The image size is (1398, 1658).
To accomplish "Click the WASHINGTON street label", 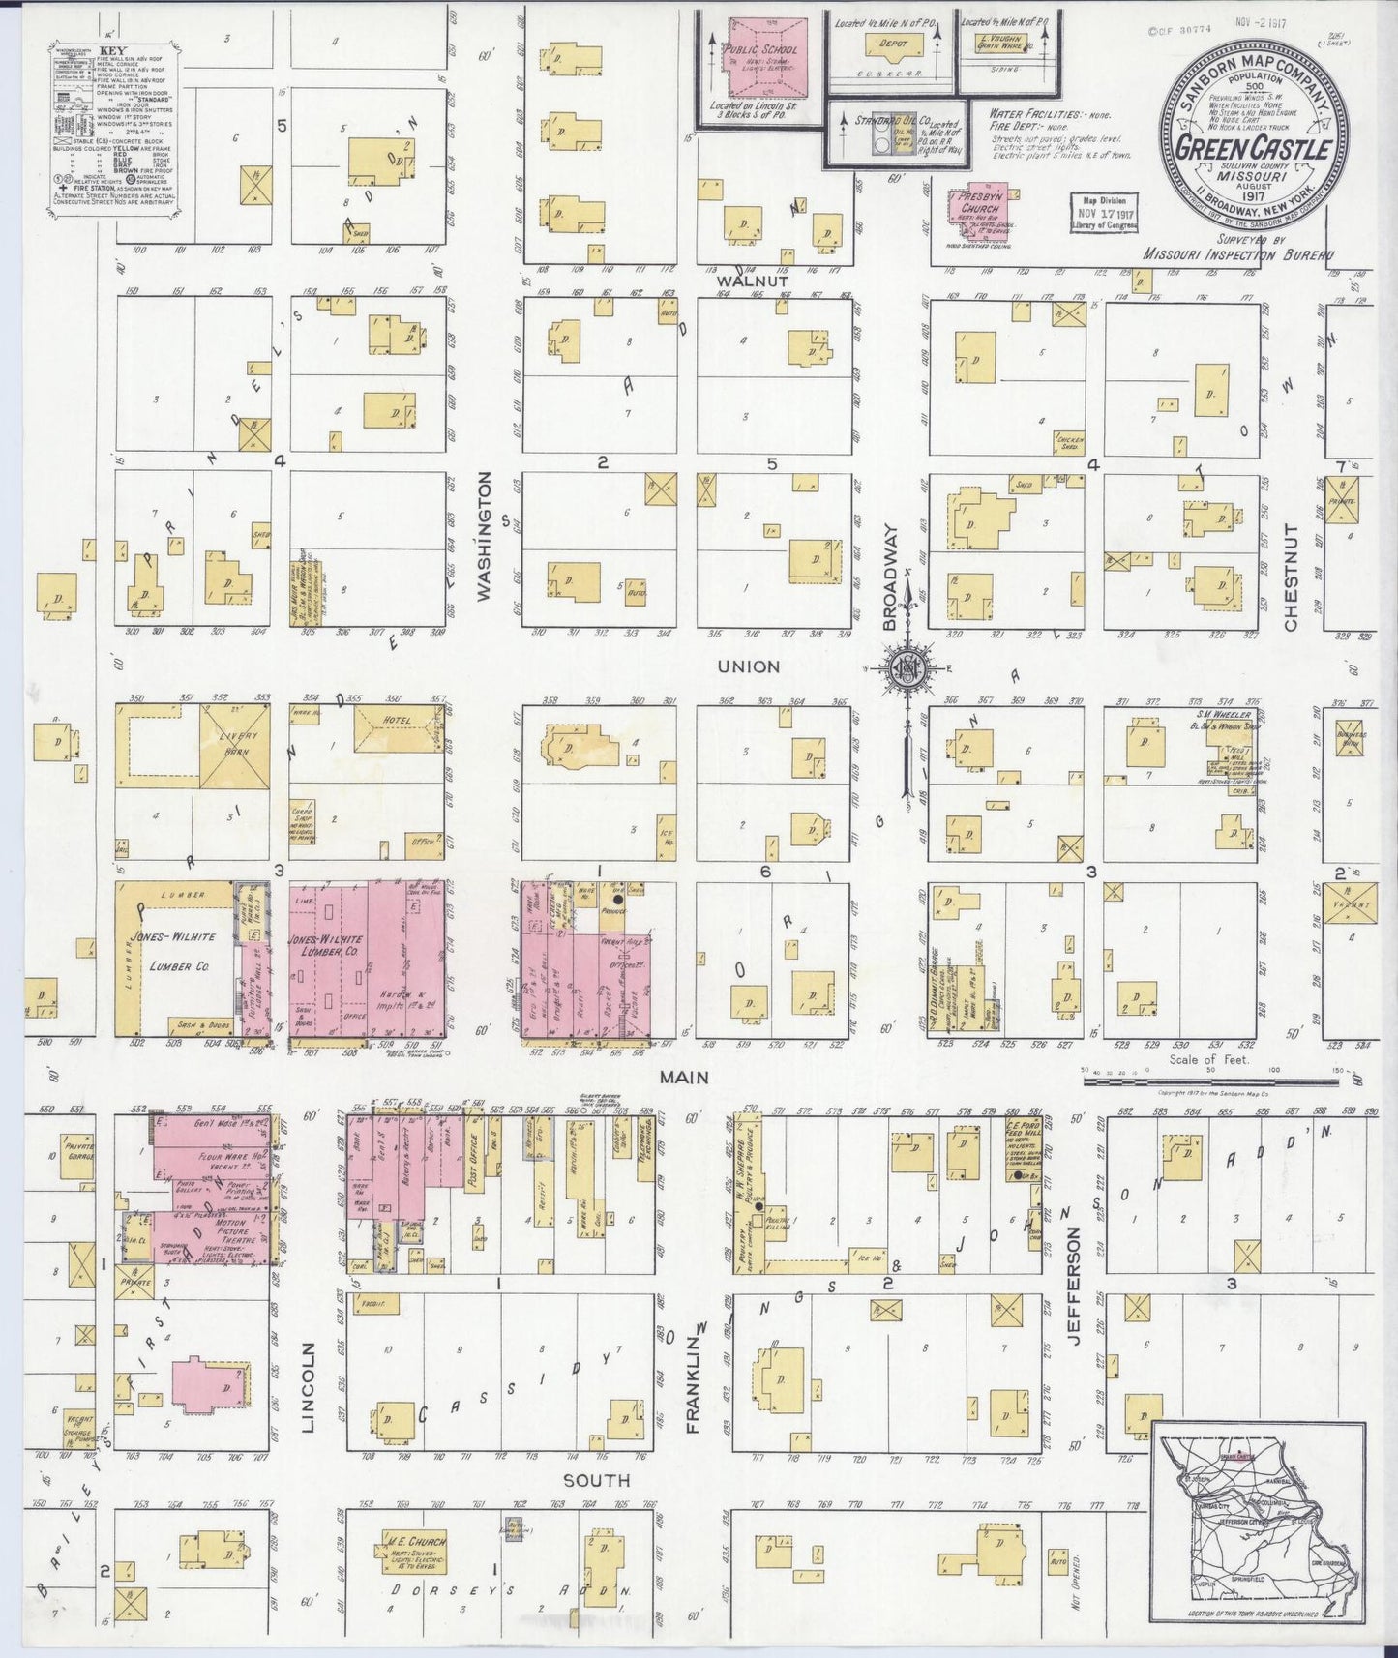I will point(486,536).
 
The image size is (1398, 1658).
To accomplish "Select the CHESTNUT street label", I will point(1291,577).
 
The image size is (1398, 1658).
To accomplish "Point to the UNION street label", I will point(748,666).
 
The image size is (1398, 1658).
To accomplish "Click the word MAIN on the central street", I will point(685,1077).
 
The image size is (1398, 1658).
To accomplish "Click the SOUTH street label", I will point(597,1480).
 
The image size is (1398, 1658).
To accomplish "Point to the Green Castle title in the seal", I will point(1255,149).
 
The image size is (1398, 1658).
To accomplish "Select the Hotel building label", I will point(397,721).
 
